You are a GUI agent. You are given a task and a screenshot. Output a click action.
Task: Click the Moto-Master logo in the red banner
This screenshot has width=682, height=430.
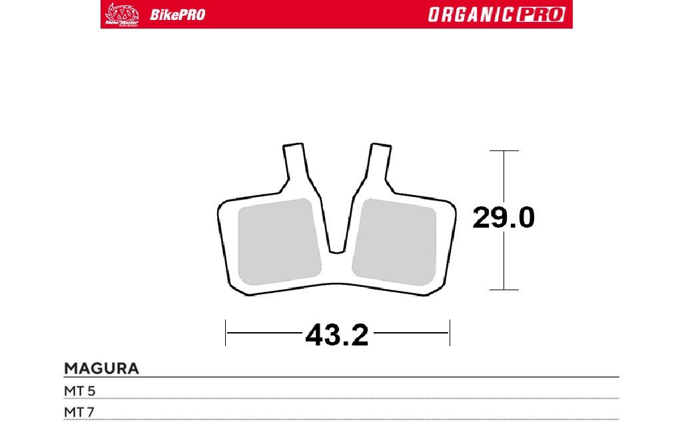[x=122, y=15]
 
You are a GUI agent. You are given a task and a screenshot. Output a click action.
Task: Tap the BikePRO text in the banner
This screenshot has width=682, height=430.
[x=177, y=15]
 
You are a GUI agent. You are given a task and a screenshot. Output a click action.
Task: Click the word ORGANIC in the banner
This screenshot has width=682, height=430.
[x=472, y=15]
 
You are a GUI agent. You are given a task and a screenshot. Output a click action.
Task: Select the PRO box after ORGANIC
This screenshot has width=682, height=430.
[x=541, y=15]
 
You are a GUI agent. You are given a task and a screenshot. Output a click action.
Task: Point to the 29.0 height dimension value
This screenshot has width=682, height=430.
[x=504, y=218]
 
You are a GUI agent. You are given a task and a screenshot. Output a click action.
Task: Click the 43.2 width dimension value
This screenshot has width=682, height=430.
[x=337, y=335]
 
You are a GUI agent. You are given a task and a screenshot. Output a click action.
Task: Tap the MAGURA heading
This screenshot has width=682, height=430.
[x=101, y=369]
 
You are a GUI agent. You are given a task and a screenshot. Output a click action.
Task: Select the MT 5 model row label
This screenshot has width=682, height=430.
[x=80, y=391]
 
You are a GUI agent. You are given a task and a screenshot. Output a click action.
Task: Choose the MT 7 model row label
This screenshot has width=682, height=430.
[x=79, y=412]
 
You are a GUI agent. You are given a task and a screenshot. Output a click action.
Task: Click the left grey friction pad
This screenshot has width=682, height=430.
[x=279, y=242]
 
